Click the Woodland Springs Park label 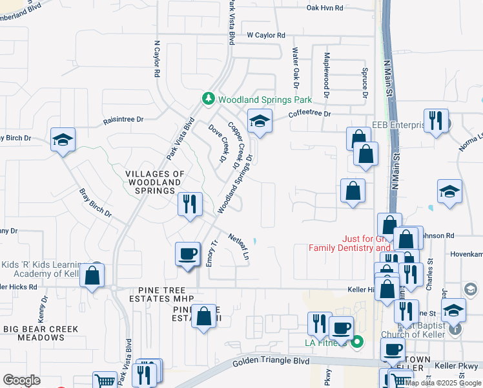(265, 100)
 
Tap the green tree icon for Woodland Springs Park (208, 100)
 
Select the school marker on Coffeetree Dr (259, 122)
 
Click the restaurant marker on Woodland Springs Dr (189, 204)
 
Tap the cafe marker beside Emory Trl (188, 253)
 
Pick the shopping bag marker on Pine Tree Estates (204, 317)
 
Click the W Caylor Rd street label (265, 36)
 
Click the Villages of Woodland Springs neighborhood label (155, 182)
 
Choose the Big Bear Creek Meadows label (41, 333)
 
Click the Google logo (21, 380)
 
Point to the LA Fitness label (327, 341)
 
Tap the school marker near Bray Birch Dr (63, 140)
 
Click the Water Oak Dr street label (296, 67)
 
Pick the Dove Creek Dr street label (217, 142)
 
